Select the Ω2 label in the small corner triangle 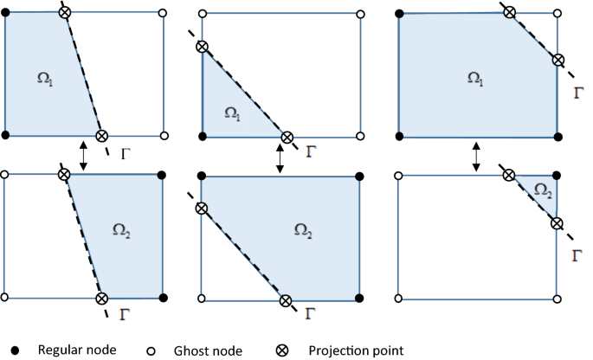click(539, 190)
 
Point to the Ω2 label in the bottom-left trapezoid click(124, 229)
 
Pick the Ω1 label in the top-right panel click(474, 77)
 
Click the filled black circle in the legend click(18, 350)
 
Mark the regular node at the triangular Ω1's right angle click(202, 137)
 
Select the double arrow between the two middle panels click(279, 157)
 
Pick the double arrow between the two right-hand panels click(476, 157)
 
